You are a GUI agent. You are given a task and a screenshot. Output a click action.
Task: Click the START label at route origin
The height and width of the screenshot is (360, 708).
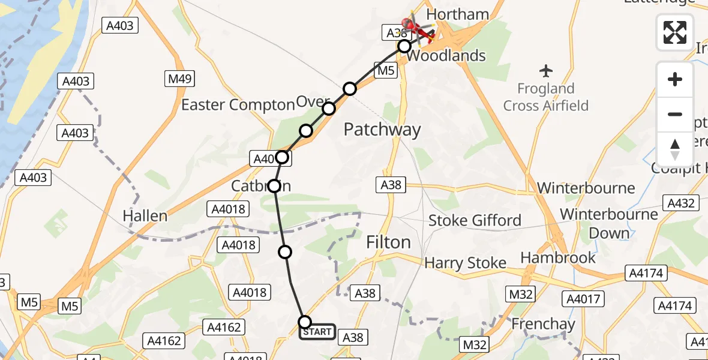click(317, 332)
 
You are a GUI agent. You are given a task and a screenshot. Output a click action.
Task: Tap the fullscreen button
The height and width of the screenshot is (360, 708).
click(675, 32)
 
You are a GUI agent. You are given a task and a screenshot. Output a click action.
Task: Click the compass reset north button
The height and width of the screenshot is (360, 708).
click(675, 149)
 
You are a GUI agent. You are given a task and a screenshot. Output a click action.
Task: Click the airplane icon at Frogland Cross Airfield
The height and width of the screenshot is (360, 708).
click(546, 71)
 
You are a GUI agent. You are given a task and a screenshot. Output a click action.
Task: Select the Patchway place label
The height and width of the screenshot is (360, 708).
click(382, 130)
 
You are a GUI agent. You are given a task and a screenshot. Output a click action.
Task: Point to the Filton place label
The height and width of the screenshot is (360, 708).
click(389, 242)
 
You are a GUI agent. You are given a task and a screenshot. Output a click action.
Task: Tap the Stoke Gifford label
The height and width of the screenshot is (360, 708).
click(475, 220)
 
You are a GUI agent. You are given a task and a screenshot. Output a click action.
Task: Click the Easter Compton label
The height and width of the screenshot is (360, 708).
click(238, 105)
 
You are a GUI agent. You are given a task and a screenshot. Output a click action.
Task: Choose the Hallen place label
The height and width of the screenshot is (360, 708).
click(145, 215)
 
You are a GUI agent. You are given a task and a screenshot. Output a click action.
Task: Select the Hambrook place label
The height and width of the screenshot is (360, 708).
click(558, 257)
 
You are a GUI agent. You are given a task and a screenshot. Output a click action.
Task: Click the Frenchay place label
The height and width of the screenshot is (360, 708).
click(543, 324)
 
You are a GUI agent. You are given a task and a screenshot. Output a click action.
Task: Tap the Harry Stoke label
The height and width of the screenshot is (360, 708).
click(465, 263)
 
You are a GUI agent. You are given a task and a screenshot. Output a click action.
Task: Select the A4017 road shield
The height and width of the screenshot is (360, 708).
click(584, 298)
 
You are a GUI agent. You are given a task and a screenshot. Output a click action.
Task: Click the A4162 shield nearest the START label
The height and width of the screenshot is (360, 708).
click(224, 327)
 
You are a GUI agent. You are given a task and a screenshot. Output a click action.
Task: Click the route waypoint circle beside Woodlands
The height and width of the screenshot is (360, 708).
click(404, 46)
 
